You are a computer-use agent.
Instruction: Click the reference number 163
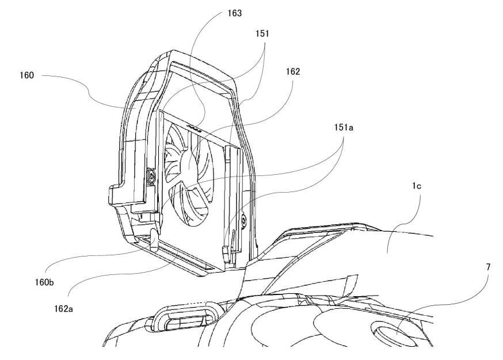(234, 13)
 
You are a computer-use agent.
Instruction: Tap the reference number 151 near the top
(262, 34)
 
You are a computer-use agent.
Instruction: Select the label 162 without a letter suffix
(293, 71)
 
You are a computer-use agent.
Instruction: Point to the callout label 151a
(344, 127)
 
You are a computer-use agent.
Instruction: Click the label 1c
(417, 186)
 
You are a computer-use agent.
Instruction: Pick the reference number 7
(488, 267)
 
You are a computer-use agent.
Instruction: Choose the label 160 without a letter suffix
(26, 75)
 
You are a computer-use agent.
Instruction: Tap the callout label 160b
(44, 282)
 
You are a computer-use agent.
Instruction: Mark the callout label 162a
(63, 309)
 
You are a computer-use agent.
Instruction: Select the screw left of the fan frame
(151, 175)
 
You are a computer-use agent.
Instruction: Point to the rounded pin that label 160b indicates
(154, 240)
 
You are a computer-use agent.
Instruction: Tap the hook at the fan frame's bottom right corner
(226, 253)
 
